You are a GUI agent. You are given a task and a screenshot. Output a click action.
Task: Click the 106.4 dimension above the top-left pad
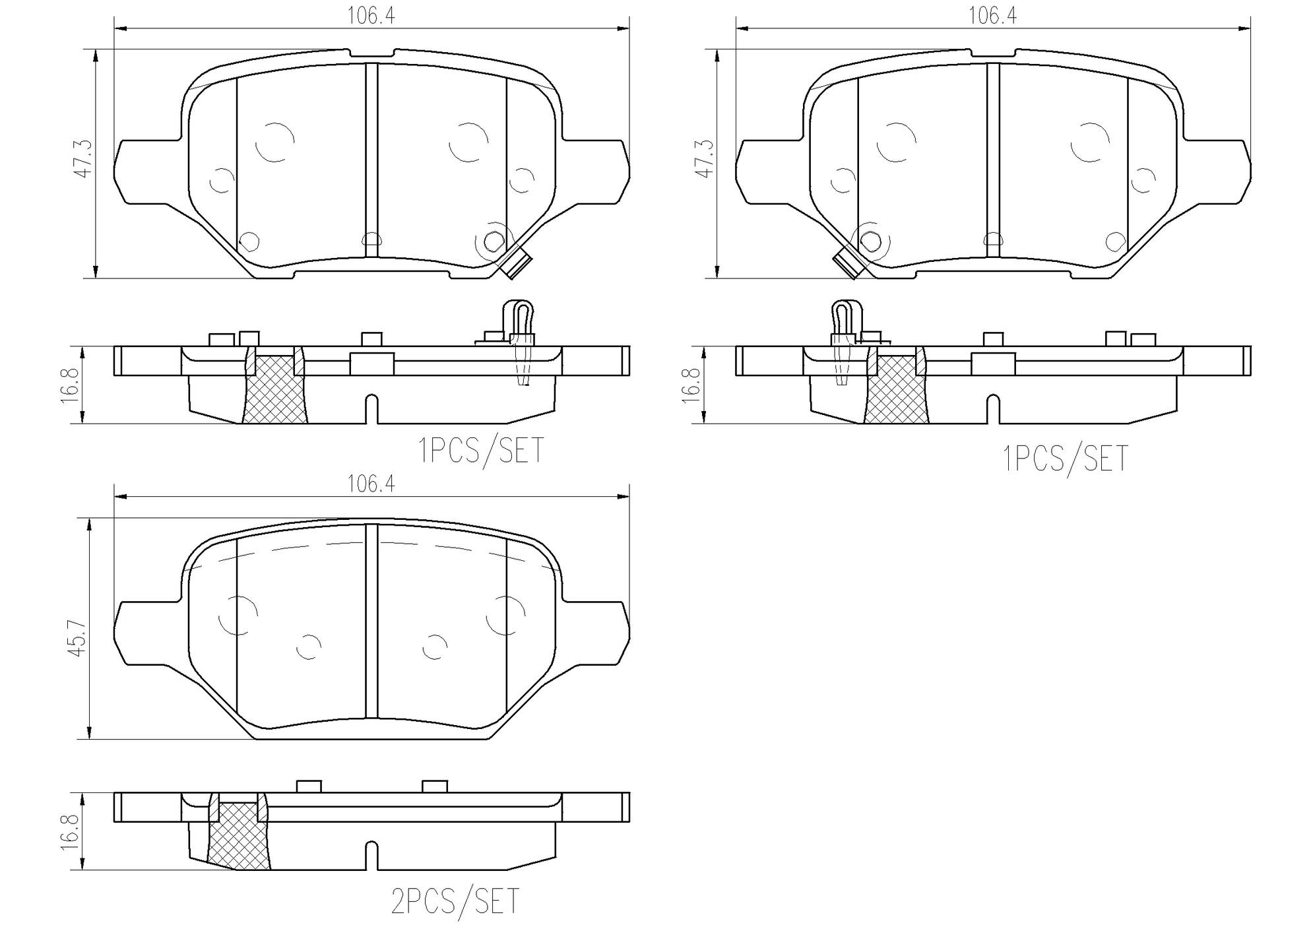click(371, 16)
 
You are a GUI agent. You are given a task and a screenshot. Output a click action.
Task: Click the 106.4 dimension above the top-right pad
click(992, 16)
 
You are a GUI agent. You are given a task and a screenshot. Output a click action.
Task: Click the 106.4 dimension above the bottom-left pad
click(371, 485)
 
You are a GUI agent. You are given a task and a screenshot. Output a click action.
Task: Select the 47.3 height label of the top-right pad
click(704, 158)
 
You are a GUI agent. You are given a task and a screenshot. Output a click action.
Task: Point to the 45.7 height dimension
click(77, 637)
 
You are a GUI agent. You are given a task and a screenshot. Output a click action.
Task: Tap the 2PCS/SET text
click(455, 902)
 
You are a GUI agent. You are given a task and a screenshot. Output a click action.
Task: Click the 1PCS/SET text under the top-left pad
click(481, 451)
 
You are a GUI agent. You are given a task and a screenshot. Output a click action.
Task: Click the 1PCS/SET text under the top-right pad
click(1065, 459)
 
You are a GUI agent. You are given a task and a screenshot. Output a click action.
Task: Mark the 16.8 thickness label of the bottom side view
click(71, 832)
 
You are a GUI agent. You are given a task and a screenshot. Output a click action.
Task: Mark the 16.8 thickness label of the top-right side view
click(691, 385)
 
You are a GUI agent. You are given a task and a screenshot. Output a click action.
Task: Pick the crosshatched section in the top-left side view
click(274, 391)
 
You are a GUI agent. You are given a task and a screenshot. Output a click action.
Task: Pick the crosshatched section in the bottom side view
click(238, 837)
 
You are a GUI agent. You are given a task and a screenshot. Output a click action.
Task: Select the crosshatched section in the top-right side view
click(895, 391)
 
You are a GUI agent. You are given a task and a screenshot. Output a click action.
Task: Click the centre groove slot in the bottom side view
click(371, 856)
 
